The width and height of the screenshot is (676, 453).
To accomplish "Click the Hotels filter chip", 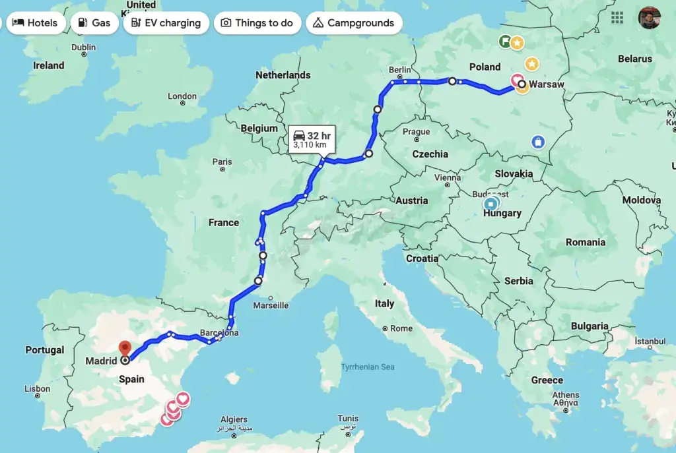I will [x=35, y=23].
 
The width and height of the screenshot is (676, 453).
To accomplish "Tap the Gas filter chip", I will [x=94, y=23].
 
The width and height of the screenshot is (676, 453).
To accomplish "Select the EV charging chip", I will [x=166, y=23].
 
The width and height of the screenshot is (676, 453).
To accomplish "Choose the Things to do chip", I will [x=257, y=23].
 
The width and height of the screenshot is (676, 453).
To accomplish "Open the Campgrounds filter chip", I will [x=353, y=23].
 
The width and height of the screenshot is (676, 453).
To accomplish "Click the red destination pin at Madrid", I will [x=125, y=347].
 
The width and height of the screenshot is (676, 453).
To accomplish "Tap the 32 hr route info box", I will [x=311, y=139].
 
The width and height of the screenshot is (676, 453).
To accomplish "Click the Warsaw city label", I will [x=547, y=84].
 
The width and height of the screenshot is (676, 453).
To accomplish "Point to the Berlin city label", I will [x=400, y=70].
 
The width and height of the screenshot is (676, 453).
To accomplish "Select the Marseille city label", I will [x=271, y=305].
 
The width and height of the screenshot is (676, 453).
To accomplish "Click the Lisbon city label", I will [x=37, y=389].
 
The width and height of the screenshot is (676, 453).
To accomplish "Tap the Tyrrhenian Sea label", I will [x=368, y=367].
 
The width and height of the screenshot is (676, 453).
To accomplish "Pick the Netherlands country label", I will [x=283, y=75].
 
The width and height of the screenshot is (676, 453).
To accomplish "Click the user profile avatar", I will [x=649, y=18].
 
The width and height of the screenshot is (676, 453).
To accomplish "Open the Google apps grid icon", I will [x=617, y=18].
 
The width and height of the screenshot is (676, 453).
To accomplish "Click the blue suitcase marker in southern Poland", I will [x=538, y=142].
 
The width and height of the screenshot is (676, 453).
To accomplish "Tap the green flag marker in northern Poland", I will [x=504, y=42].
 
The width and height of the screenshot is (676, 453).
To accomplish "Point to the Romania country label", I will [x=585, y=242].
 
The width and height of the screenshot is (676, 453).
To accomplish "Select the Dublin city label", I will [x=83, y=47].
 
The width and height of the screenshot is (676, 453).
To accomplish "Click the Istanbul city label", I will [x=651, y=342].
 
